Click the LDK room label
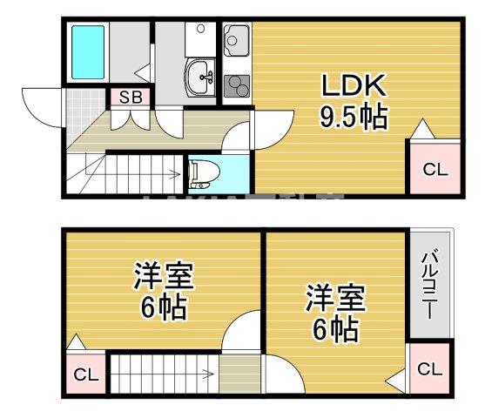click(353, 85)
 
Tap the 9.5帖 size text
click(353, 117)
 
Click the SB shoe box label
click(130, 98)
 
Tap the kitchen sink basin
click(237, 40)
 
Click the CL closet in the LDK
click(434, 170)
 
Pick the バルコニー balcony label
click(431, 286)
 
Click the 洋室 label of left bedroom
click(163, 278)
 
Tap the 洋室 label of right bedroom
click(333, 298)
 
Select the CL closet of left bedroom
click(84, 375)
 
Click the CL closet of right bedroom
click(428, 369)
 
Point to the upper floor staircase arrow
click(165, 376)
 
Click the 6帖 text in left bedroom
click(163, 308)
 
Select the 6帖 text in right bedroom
click(333, 329)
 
